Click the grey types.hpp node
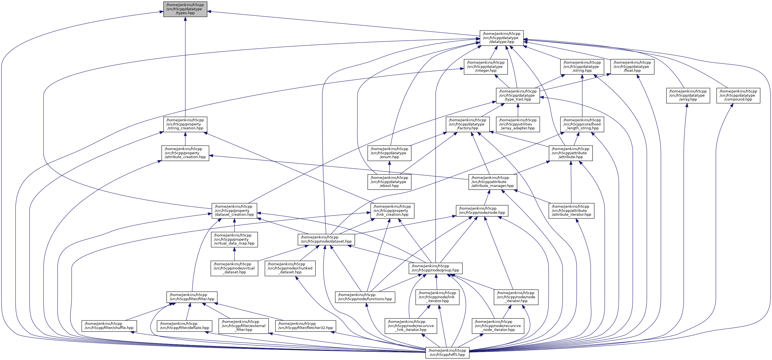coord(185,9)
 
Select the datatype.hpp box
coord(501,38)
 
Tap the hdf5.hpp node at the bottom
coord(447,353)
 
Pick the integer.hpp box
coord(485,66)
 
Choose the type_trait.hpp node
coord(518,95)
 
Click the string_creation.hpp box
coord(185,124)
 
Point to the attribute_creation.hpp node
coord(185,153)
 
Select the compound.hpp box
coord(738,95)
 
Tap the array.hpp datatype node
coord(688,95)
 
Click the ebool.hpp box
coord(389,182)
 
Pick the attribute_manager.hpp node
coord(492,182)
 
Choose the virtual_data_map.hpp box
coord(234,239)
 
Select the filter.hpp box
coord(192,297)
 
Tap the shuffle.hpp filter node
coord(109,326)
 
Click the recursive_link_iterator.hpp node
coord(411,326)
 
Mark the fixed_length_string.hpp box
coord(582,124)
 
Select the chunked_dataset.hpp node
coord(290,268)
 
